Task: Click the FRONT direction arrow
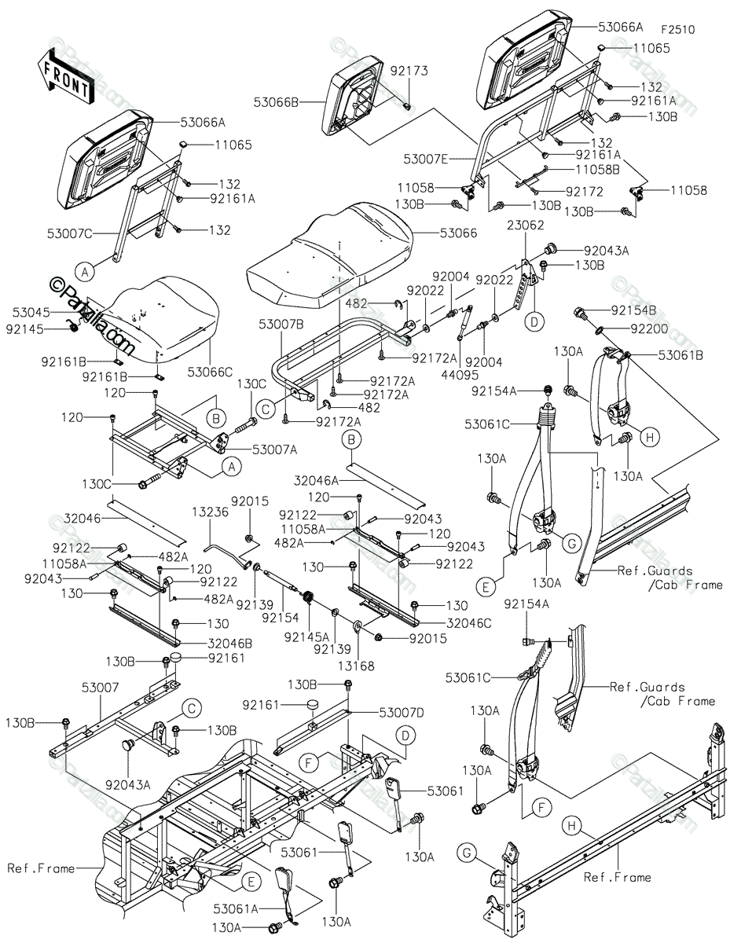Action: [x=64, y=76]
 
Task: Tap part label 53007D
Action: [x=401, y=712]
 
